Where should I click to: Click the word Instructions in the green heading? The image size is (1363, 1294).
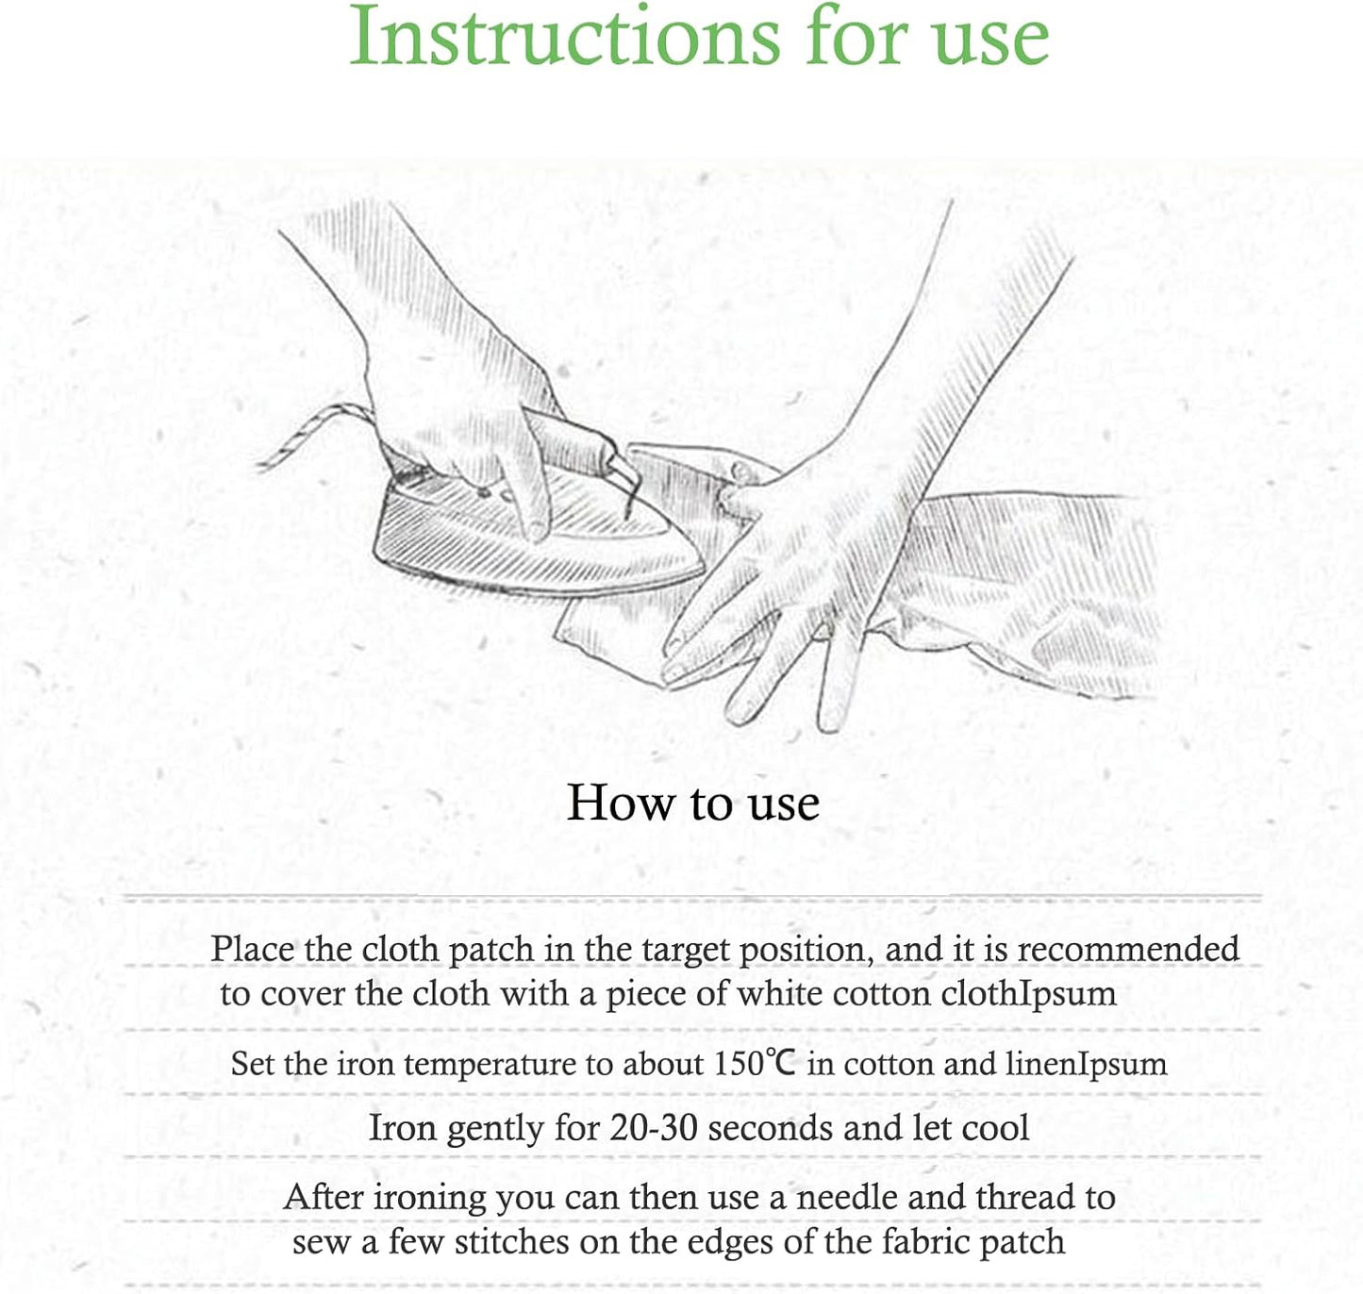pyautogui.click(x=565, y=36)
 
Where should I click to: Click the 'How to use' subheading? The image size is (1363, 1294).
pyautogui.click(x=693, y=803)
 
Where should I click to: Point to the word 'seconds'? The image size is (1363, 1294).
pyautogui.click(x=771, y=1128)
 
